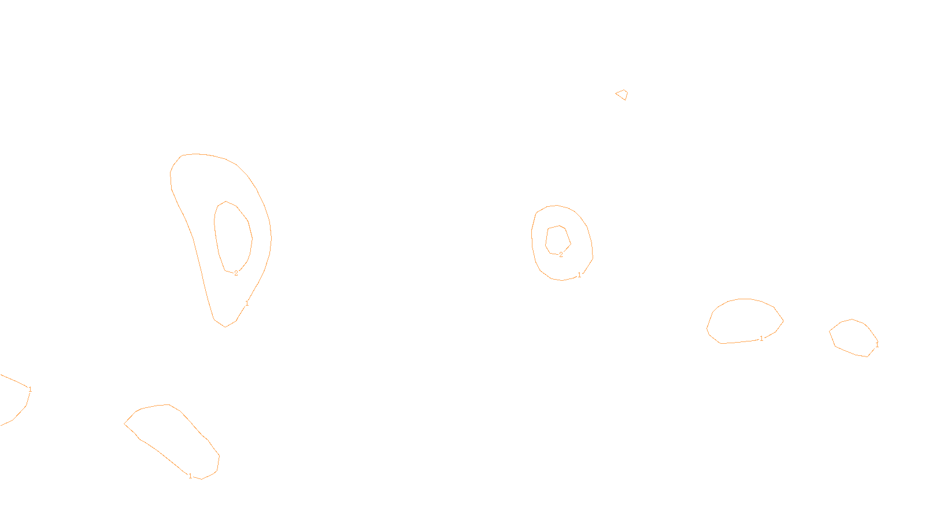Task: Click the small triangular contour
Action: pyautogui.click(x=622, y=94)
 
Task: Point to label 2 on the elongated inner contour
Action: pyautogui.click(x=236, y=273)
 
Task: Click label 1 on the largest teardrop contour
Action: pyautogui.click(x=247, y=303)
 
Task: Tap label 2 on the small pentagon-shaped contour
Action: pyautogui.click(x=561, y=255)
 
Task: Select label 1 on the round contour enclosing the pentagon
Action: pyautogui.click(x=579, y=275)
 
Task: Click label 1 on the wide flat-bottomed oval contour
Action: pyautogui.click(x=761, y=339)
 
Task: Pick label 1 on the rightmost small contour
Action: pyautogui.click(x=876, y=346)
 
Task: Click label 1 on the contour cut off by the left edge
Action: pyautogui.click(x=30, y=389)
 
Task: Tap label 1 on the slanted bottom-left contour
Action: pyautogui.click(x=190, y=476)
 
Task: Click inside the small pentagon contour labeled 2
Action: pyautogui.click(x=557, y=239)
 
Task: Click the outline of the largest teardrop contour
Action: pyautogui.click(x=171, y=173)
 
